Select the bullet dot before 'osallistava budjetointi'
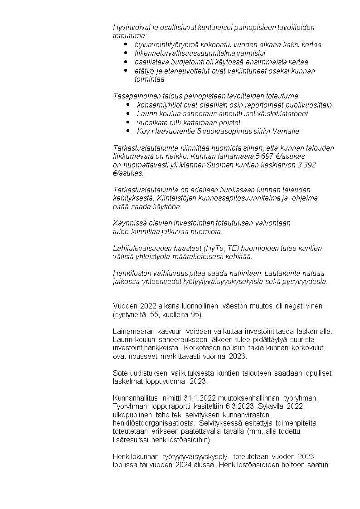[126, 62]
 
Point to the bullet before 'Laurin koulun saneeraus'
[128, 113]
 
